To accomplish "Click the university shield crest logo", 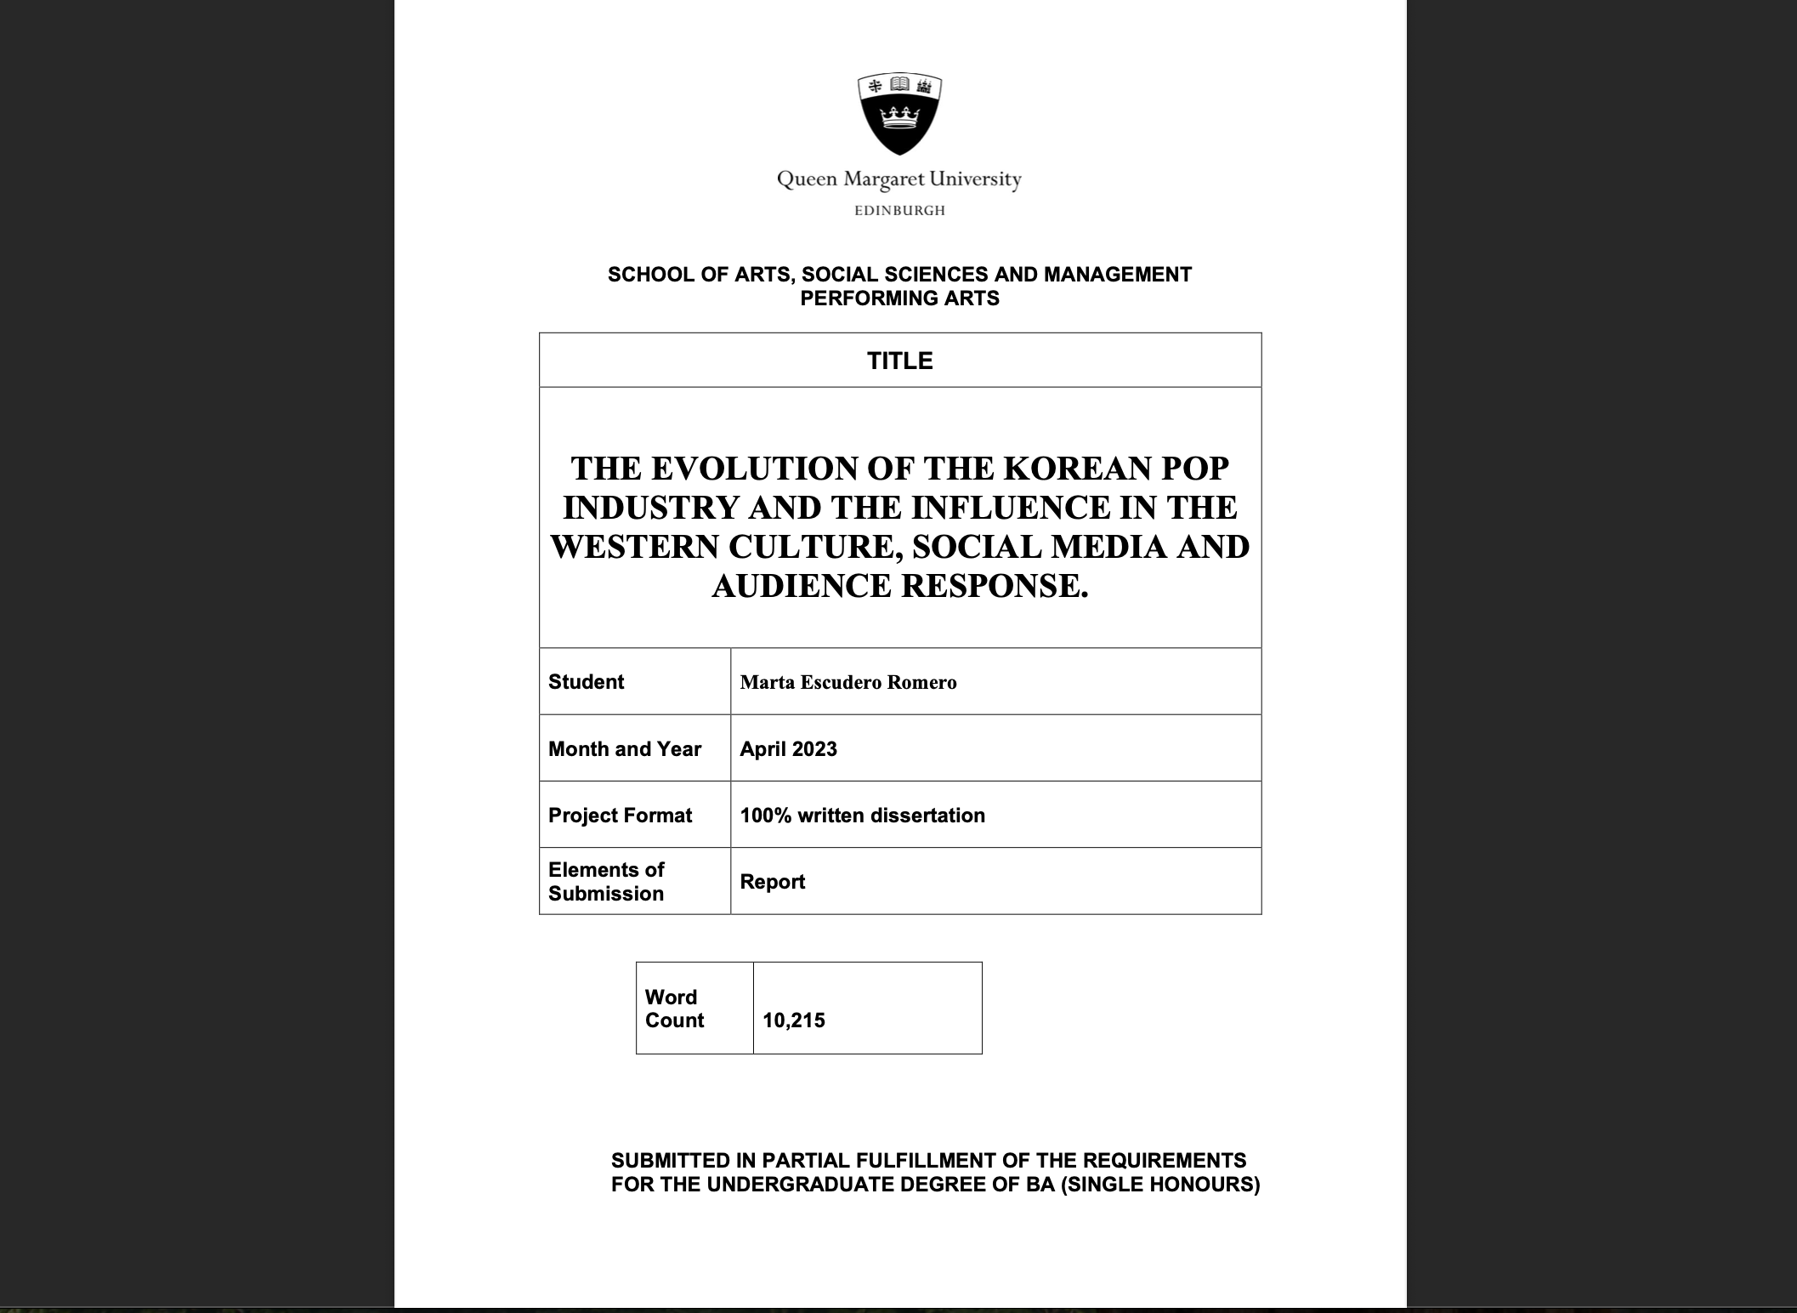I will coord(899,115).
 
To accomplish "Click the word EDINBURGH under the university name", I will coord(899,211).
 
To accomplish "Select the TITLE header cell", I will coord(899,361).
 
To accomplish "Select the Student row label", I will coord(586,682).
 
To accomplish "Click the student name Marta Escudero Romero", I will coord(847,682).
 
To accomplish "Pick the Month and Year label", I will coord(625,749).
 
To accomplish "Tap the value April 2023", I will coord(788,749).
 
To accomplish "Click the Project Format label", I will coord(620,816).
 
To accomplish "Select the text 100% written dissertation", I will coord(862,816).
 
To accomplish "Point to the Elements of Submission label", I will coord(606,881).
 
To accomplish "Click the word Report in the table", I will coord(772,882).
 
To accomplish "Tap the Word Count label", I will coord(673,1009).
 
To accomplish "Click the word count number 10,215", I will coord(793,1020).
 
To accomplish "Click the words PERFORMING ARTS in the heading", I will coord(899,298).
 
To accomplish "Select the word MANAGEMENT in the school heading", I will coord(1117,275).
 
